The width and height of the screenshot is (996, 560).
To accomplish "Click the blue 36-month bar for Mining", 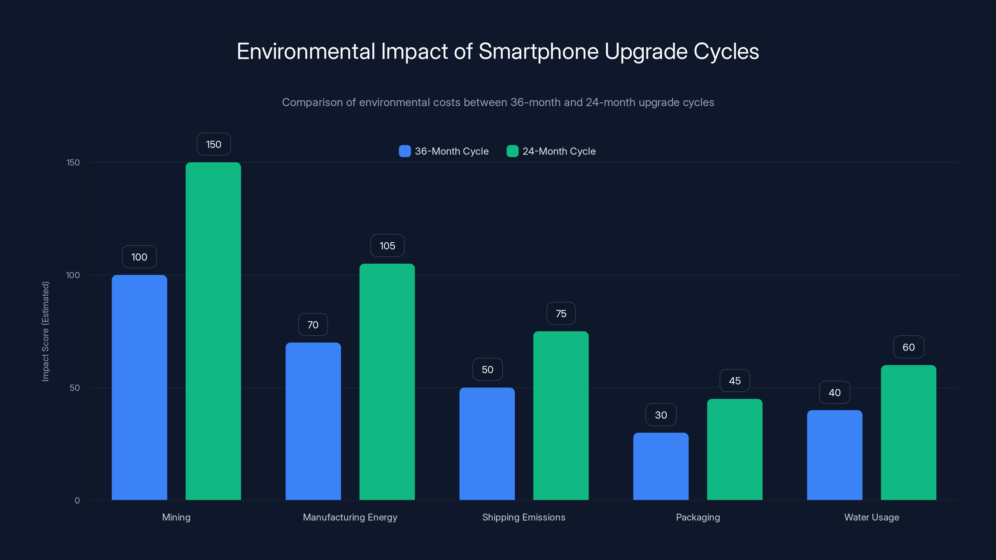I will (x=139, y=387).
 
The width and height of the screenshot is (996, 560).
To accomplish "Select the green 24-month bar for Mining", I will (x=213, y=331).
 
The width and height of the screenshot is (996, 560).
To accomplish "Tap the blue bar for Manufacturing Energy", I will (x=313, y=421).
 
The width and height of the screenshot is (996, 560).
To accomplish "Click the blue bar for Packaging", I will (x=661, y=466).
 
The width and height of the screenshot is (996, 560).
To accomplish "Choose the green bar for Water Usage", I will (x=908, y=432).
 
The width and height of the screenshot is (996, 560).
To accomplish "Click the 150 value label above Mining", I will (x=214, y=144).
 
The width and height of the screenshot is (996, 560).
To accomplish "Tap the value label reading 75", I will (x=561, y=313).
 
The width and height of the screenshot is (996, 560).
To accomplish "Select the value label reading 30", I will (x=661, y=415).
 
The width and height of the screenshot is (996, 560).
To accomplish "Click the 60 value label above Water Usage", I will (x=908, y=347).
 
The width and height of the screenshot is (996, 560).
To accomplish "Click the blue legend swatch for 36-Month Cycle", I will (x=404, y=151).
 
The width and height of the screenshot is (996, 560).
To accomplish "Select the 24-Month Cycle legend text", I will (x=559, y=151).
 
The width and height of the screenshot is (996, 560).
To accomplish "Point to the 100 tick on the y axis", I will (x=73, y=275).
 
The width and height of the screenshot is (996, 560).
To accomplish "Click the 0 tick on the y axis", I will (x=77, y=501).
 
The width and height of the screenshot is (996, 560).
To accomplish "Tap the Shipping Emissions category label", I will (x=524, y=517).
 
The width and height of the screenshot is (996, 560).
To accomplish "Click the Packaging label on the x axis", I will (x=698, y=517).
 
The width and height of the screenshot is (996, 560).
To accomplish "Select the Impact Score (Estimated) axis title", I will (x=46, y=331).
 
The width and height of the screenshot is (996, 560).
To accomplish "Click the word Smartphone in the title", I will (x=538, y=51).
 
